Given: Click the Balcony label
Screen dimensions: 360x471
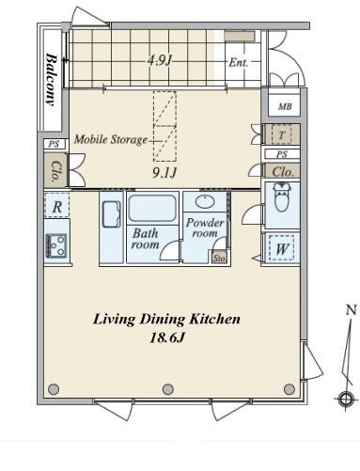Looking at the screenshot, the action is pyautogui.click(x=53, y=80).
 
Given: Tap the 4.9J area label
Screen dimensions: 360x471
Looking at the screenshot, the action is pyautogui.click(x=160, y=60).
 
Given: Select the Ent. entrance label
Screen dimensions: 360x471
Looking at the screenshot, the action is pyautogui.click(x=239, y=62).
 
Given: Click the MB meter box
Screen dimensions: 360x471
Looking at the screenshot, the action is pyautogui.click(x=285, y=106).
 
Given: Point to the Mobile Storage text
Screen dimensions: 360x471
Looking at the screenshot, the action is pyautogui.click(x=111, y=139).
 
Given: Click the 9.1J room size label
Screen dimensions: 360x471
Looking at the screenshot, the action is pyautogui.click(x=164, y=172).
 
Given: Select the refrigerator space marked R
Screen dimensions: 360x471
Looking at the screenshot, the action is pyautogui.click(x=57, y=206).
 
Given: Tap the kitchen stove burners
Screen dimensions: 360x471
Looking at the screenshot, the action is pyautogui.click(x=56, y=245).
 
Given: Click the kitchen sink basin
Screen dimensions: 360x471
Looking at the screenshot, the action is pyautogui.click(x=111, y=214).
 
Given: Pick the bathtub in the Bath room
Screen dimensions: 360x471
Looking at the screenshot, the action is pyautogui.click(x=152, y=208).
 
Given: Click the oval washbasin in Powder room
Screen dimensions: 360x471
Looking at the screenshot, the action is pyautogui.click(x=206, y=202).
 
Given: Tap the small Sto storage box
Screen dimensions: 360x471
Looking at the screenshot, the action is pyautogui.click(x=219, y=258).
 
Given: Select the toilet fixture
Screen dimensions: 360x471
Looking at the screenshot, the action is pyautogui.click(x=282, y=197).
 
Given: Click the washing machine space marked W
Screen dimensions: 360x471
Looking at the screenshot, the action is pyautogui.click(x=282, y=248).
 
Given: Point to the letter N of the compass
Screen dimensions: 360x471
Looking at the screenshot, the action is pyautogui.click(x=352, y=309).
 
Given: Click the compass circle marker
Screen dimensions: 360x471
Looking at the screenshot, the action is pyautogui.click(x=345, y=400).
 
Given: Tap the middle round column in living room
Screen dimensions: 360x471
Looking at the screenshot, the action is pyautogui.click(x=168, y=389).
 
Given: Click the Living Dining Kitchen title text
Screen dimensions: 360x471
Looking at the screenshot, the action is pyautogui.click(x=167, y=320).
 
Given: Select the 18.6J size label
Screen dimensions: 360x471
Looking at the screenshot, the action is pyautogui.click(x=167, y=338).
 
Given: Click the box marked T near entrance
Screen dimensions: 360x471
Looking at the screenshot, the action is pyautogui.click(x=281, y=135).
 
